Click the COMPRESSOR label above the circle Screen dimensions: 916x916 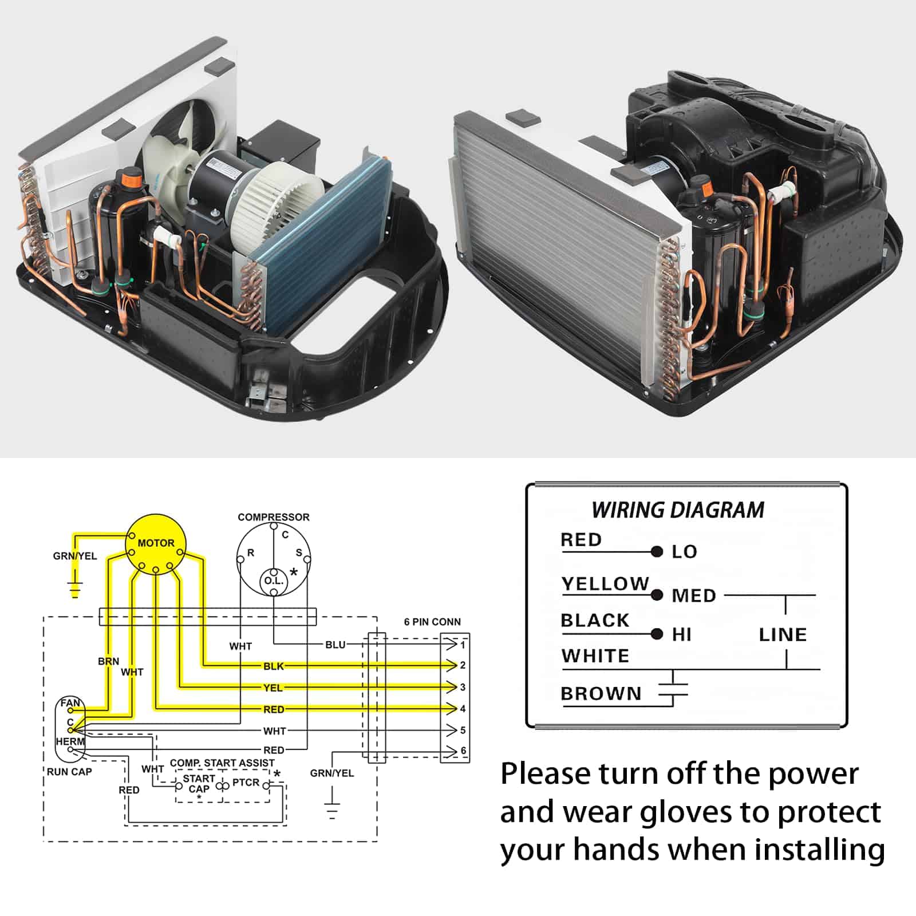(273, 517)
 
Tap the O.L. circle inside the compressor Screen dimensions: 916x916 (274, 581)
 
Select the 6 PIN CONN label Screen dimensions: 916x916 (432, 622)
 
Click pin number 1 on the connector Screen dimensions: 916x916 (463, 645)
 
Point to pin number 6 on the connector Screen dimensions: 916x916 (463, 750)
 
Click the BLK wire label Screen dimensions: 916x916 (274, 666)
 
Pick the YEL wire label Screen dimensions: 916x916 (273, 688)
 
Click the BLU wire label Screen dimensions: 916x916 (335, 645)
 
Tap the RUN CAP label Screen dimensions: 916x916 (69, 772)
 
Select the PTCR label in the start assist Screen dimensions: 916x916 (246, 782)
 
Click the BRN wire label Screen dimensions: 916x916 (108, 661)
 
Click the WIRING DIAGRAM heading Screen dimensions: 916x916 (678, 510)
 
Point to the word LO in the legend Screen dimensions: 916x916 (684, 552)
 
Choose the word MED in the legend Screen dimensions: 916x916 (694, 596)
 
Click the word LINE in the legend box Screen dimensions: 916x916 (783, 634)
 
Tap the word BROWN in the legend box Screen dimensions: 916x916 (601, 693)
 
